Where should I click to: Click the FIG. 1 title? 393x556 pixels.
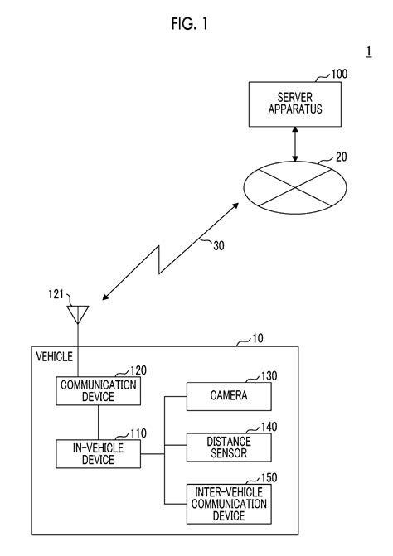[189, 24]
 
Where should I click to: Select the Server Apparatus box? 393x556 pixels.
[295, 104]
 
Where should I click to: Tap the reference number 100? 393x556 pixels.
[339, 74]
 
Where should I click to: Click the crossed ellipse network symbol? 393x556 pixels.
[295, 187]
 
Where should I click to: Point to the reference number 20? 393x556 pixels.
[341, 157]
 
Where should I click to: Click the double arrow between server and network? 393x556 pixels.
[295, 144]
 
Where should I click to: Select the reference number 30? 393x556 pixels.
[219, 246]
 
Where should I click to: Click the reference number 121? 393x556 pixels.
[56, 294]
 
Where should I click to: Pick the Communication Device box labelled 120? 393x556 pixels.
[98, 391]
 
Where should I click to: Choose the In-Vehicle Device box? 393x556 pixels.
[98, 454]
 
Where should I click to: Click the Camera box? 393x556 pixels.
[229, 396]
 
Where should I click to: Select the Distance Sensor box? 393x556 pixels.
[229, 447]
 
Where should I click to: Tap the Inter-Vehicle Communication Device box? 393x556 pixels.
[229, 504]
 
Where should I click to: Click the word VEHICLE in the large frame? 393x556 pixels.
[54, 357]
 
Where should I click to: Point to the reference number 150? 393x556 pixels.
[269, 477]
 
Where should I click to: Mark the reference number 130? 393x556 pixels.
[269, 376]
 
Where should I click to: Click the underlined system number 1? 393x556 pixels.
[369, 51]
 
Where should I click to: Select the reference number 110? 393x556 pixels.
[138, 433]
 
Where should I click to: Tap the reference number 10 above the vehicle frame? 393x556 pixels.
[258, 338]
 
